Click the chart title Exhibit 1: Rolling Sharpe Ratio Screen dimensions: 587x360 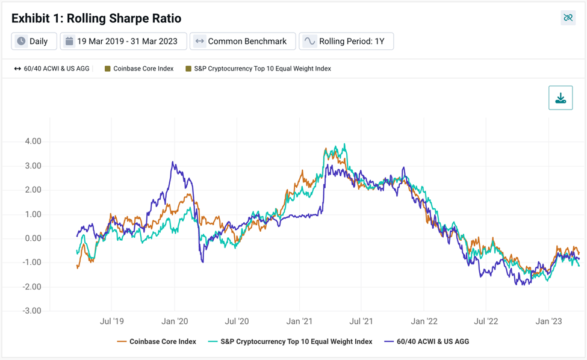(96, 18)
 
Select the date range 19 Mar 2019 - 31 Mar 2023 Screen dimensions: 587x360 (123, 41)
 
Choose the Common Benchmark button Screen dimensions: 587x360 (243, 41)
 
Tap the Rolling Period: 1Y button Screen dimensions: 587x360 (346, 41)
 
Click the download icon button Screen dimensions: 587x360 (561, 98)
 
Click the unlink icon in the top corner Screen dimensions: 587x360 (568, 17)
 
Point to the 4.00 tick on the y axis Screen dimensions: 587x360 (33, 141)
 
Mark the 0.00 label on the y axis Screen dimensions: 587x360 (33, 238)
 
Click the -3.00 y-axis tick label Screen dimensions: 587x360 (32, 311)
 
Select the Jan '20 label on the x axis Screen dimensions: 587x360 (175, 321)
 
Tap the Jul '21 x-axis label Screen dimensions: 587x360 (361, 321)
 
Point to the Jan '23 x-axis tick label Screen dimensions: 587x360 (548, 321)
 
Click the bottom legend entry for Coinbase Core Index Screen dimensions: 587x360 (157, 341)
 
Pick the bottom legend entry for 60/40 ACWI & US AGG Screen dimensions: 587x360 (426, 341)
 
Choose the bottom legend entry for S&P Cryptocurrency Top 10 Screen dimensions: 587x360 (290, 341)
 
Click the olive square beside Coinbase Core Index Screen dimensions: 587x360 (107, 69)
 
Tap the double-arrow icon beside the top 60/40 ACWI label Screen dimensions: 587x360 (17, 69)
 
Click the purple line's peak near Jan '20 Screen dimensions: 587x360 (173, 162)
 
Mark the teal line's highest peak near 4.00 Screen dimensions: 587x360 (344, 144)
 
